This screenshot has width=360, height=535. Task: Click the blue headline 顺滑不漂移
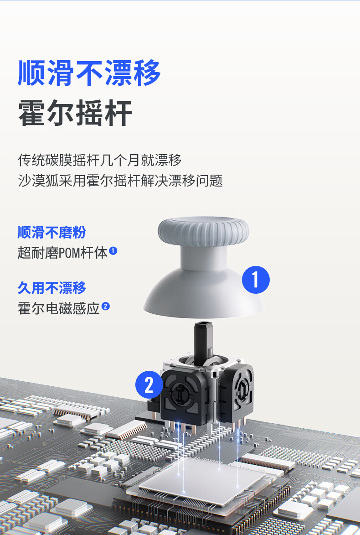click(89, 73)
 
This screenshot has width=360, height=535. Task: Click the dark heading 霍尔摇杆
click(75, 113)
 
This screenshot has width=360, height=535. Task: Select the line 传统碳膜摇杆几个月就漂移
click(99, 160)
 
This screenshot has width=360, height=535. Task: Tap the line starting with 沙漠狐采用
click(120, 181)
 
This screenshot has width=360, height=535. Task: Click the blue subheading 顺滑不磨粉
click(52, 232)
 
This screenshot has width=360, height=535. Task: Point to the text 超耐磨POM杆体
click(62, 253)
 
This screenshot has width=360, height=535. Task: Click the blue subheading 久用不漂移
click(52, 288)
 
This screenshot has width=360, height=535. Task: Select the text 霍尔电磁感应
click(59, 308)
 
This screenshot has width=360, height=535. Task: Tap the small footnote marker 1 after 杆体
click(113, 251)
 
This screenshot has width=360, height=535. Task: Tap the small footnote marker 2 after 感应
click(106, 306)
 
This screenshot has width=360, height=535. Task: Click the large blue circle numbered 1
click(256, 280)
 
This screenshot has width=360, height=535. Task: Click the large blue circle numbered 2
click(149, 384)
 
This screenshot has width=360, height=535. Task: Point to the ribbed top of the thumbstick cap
click(203, 231)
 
